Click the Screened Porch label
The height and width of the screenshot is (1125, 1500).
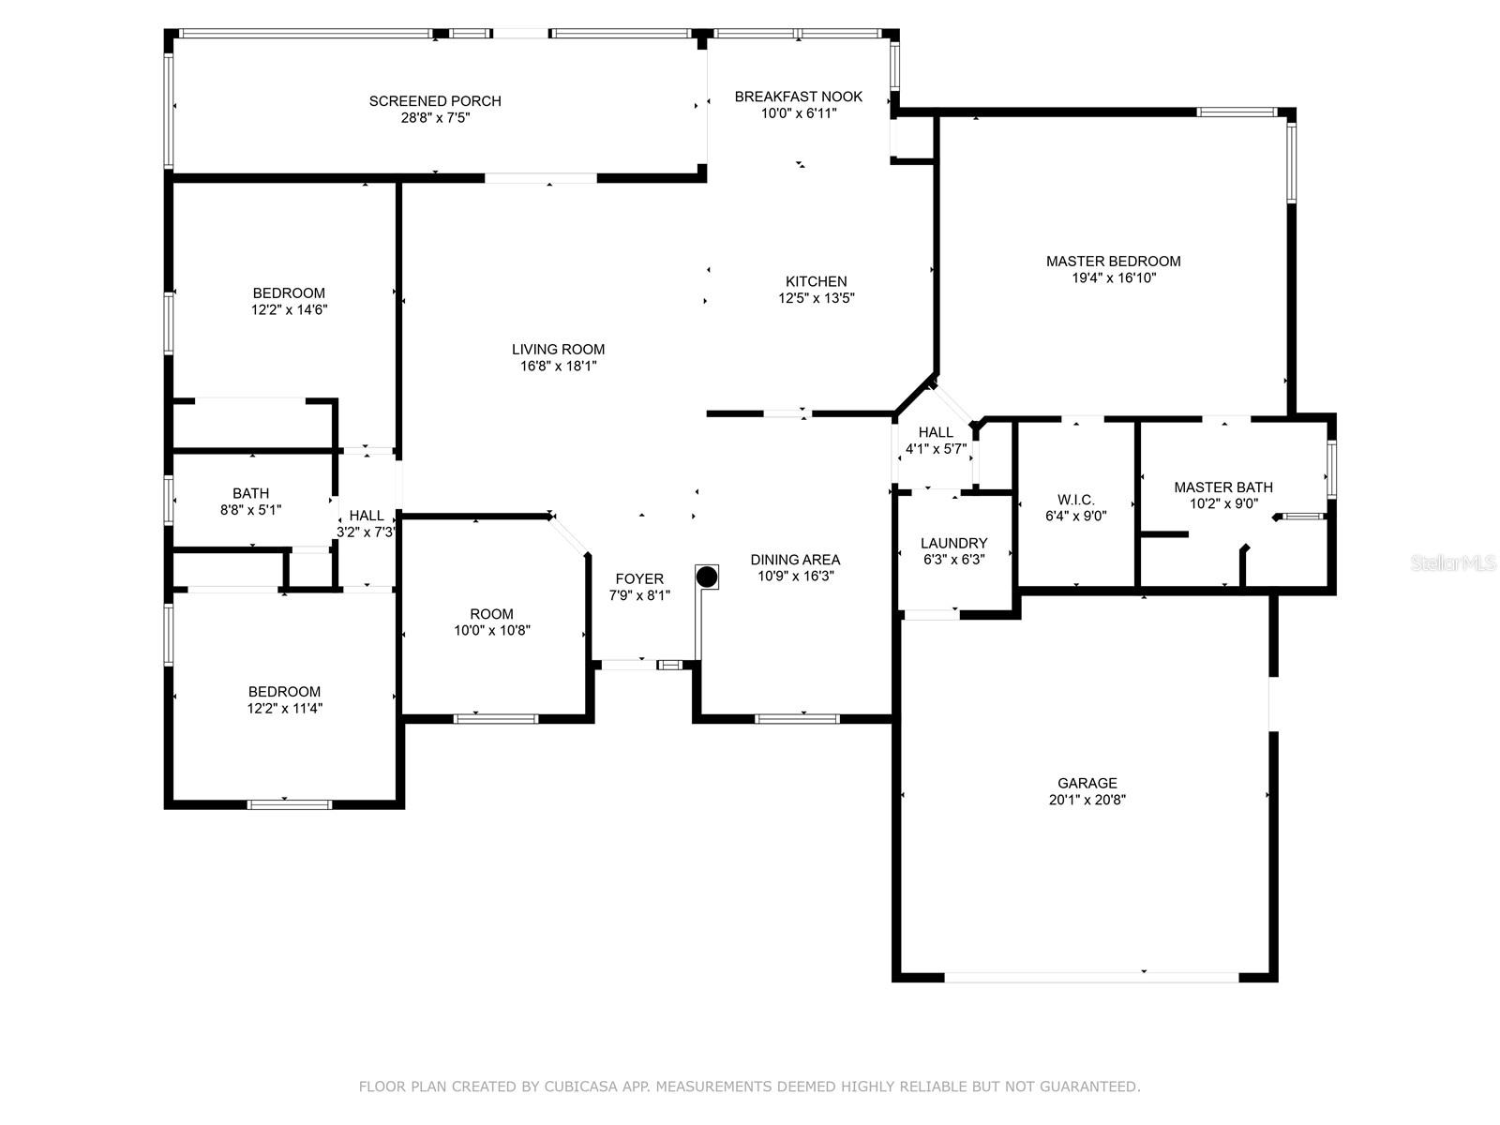click(x=435, y=101)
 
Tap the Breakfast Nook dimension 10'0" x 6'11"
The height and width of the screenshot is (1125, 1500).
click(x=799, y=113)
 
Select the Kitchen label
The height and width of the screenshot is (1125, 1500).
click(x=816, y=281)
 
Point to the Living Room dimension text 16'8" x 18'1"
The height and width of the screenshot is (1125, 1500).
click(x=559, y=367)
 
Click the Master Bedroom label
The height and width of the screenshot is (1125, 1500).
click(x=1113, y=261)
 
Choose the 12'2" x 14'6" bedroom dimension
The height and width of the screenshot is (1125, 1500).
click(x=289, y=310)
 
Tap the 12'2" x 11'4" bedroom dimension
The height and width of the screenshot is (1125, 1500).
click(x=284, y=709)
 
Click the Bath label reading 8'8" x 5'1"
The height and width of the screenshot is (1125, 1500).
click(x=251, y=493)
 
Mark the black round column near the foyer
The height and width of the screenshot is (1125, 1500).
click(x=707, y=577)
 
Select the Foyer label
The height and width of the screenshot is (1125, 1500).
click(x=639, y=579)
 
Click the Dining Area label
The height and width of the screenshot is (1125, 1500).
click(x=795, y=560)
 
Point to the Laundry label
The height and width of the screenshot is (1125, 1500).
click(x=954, y=543)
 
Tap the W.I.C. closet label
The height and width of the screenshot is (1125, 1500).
click(x=1075, y=500)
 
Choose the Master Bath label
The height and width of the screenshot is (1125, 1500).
click(x=1223, y=487)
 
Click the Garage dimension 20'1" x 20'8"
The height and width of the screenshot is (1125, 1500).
click(x=1087, y=800)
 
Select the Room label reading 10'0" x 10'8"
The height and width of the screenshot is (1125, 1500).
click(x=492, y=614)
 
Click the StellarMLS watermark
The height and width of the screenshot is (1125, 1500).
click(x=1453, y=562)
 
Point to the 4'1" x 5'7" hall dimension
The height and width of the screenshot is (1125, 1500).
click(x=936, y=449)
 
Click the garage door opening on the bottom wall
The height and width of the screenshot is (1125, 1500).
click(x=1091, y=978)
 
